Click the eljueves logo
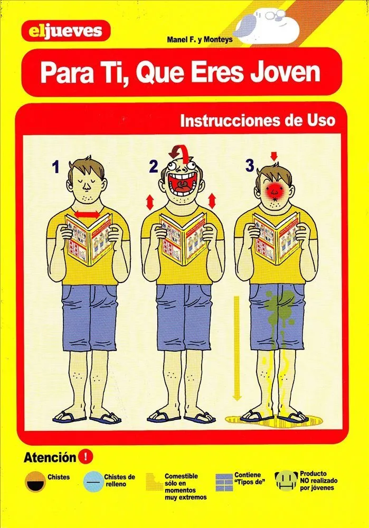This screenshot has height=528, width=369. [65, 31]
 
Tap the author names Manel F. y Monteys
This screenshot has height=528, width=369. [200, 40]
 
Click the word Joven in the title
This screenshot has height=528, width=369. [286, 72]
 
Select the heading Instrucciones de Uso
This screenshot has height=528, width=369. [258, 120]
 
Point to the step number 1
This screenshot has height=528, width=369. [56, 167]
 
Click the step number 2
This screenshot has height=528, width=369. [153, 167]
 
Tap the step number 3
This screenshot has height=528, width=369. [250, 166]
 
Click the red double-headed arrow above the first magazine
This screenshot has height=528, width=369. [87, 214]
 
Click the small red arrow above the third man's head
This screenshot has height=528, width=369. [274, 156]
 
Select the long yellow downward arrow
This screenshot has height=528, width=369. [237, 348]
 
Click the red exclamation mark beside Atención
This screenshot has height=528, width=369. [85, 457]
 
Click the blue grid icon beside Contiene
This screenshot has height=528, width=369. [224, 482]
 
